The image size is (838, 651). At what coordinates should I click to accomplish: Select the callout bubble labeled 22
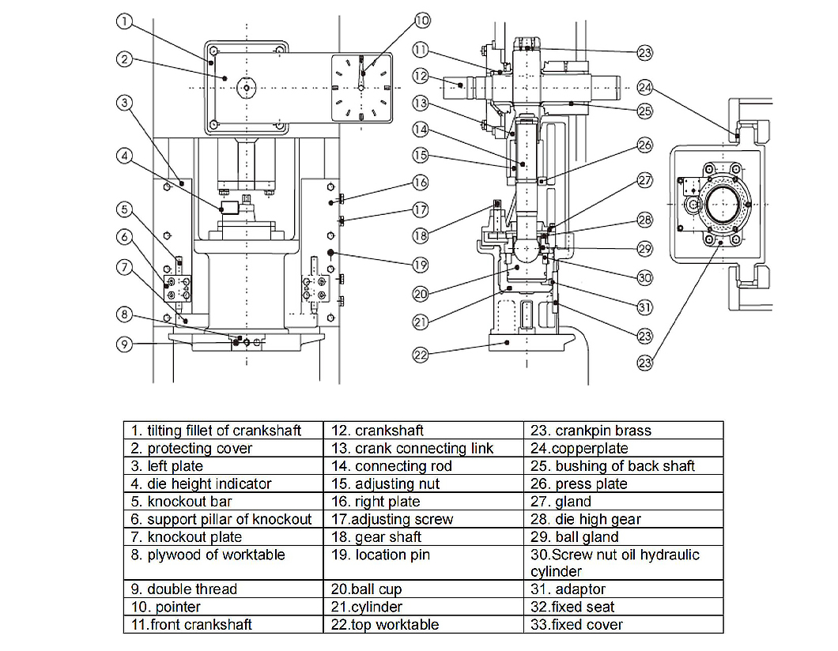tap(421, 355)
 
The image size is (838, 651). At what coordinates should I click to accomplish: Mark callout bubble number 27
tap(645, 181)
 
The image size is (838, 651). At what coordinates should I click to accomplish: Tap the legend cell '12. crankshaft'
tap(424, 431)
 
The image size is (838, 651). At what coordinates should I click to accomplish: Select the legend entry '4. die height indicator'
tap(224, 484)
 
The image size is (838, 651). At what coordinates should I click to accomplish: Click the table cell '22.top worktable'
tap(424, 624)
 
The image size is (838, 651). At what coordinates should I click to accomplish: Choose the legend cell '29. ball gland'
tap(623, 537)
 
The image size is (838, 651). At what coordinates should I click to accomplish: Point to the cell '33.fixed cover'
tap(623, 624)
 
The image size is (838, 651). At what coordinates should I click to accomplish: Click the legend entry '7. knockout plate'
tap(224, 537)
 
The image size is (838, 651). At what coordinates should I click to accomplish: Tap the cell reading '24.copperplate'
tap(623, 448)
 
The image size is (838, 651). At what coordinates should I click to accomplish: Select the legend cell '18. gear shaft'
tap(424, 537)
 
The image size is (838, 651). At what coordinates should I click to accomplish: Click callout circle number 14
tap(421, 130)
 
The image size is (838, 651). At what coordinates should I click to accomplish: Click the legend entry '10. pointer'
tap(224, 607)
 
